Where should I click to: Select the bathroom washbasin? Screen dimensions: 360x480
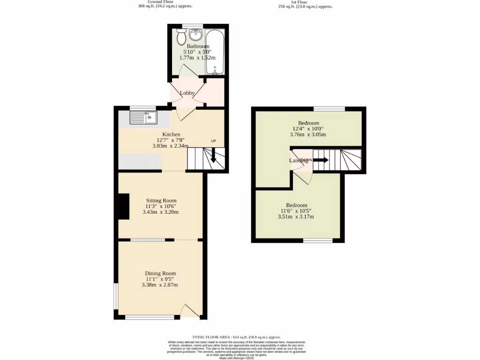195,35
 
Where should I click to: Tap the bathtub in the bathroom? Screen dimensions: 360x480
215,52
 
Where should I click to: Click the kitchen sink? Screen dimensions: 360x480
143,118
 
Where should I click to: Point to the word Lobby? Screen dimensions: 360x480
187,93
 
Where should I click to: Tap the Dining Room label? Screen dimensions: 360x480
160,273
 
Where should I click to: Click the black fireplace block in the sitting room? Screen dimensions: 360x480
124,206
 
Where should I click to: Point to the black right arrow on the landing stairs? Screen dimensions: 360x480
321,160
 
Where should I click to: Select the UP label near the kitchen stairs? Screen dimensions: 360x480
213,141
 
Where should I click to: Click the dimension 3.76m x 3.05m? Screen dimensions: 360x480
307,135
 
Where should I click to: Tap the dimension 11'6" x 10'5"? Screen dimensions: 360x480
296,211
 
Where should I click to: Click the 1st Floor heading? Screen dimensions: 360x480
299,2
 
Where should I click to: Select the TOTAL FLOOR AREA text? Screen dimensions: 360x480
236,337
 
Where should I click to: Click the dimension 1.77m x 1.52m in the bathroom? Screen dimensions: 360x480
197,58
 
